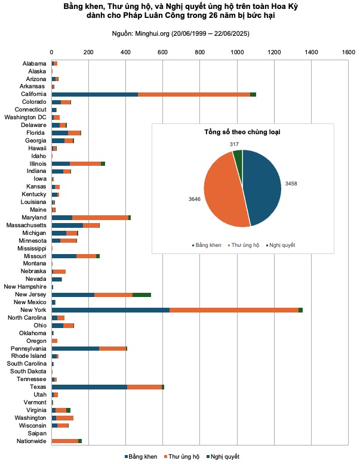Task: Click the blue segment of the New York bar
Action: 110,310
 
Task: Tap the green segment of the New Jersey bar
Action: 141,295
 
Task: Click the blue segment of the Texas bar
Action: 90,387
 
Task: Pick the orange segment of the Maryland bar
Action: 100,218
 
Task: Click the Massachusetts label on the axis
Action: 26,225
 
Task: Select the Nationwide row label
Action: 30,441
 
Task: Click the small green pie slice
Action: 238,156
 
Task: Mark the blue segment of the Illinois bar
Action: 61,163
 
